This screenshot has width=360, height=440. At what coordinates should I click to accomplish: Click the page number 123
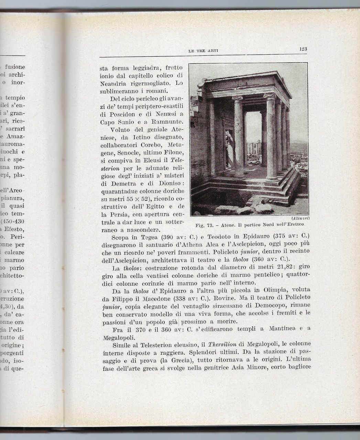[303, 49]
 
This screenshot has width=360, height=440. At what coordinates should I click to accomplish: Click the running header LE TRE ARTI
[204, 51]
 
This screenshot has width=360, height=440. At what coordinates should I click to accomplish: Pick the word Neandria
[113, 83]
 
